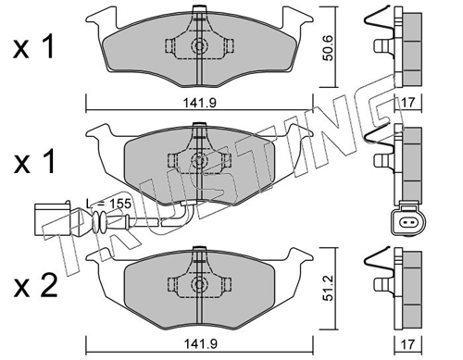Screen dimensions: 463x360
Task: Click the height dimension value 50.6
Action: [x=328, y=48]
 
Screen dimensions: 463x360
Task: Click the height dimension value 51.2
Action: [x=328, y=288]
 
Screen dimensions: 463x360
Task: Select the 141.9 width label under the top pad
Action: [x=200, y=103]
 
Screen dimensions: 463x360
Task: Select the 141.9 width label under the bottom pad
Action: [x=200, y=344]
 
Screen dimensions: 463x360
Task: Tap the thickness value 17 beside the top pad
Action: [x=408, y=103]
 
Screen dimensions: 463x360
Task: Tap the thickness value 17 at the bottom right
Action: [x=408, y=344]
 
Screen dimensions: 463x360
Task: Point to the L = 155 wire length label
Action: [x=108, y=204]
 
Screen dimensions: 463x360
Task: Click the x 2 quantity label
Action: [x=35, y=286]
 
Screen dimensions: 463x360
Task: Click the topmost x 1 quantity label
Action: [x=34, y=47]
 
